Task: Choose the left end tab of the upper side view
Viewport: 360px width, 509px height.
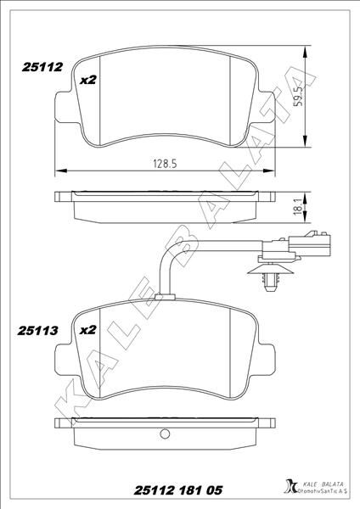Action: coord(60,198)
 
